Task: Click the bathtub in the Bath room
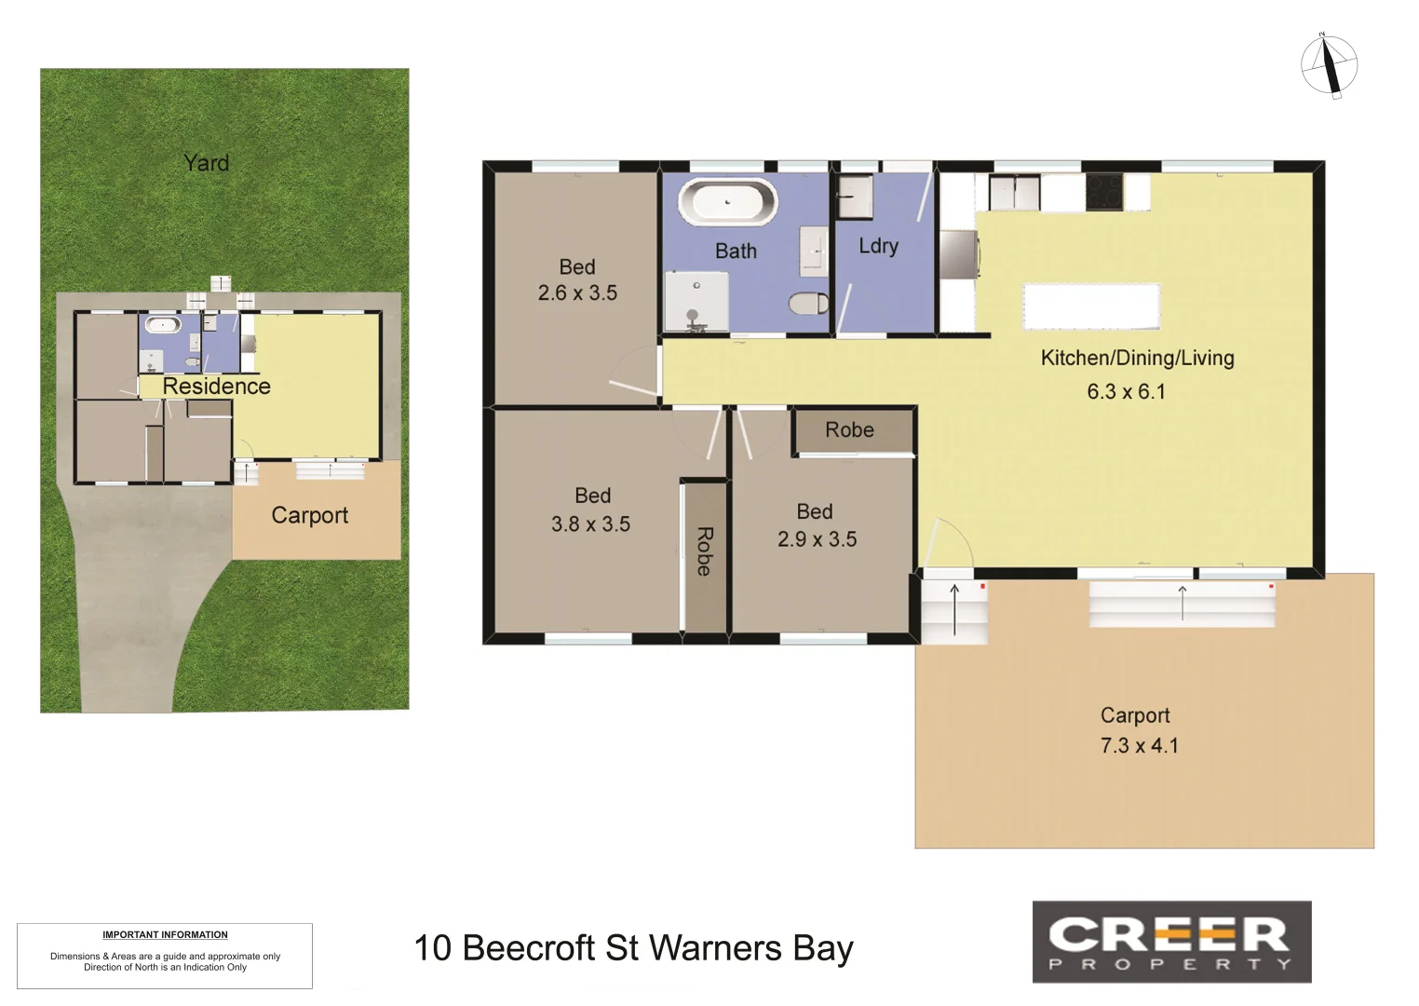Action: tap(727, 201)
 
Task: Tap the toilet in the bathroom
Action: tap(808, 304)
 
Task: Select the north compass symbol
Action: tap(1329, 65)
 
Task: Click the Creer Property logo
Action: tap(1171, 942)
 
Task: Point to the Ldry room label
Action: tap(878, 246)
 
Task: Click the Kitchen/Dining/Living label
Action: tap(1137, 358)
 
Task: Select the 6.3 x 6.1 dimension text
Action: tap(1126, 391)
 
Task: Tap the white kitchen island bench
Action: tap(1091, 306)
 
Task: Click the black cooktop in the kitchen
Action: tap(1104, 192)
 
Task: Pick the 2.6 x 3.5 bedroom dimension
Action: tap(577, 292)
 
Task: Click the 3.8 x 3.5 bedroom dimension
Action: tap(590, 523)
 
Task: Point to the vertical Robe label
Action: tap(704, 551)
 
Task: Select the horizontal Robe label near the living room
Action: tap(849, 430)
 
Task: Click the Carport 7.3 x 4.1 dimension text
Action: tap(1139, 745)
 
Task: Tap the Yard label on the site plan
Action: tap(206, 163)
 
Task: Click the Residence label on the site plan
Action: tap(216, 386)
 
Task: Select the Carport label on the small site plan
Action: tap(309, 515)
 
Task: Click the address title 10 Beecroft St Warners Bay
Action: tap(633, 948)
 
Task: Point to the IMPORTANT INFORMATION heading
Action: tap(165, 934)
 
